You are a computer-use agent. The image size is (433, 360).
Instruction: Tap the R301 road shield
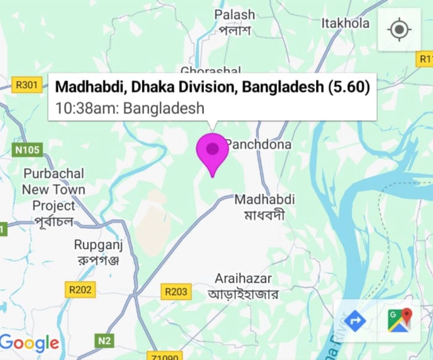click(27, 85)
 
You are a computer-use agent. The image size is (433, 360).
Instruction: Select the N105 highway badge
click(27, 149)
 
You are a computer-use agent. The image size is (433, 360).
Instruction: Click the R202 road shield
click(80, 290)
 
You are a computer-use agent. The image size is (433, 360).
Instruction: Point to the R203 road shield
click(176, 291)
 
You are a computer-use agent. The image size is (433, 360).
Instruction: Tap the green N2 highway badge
click(104, 341)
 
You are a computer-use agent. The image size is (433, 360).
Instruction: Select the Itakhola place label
click(345, 23)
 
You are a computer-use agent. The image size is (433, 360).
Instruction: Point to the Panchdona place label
click(259, 144)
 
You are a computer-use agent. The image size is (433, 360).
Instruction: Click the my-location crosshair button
click(399, 30)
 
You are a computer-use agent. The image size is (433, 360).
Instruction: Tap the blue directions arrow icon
click(355, 321)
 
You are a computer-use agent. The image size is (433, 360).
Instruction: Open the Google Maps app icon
click(400, 321)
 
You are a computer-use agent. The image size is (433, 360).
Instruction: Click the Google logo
click(30, 343)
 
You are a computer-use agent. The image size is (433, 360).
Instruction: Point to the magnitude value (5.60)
click(349, 87)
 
